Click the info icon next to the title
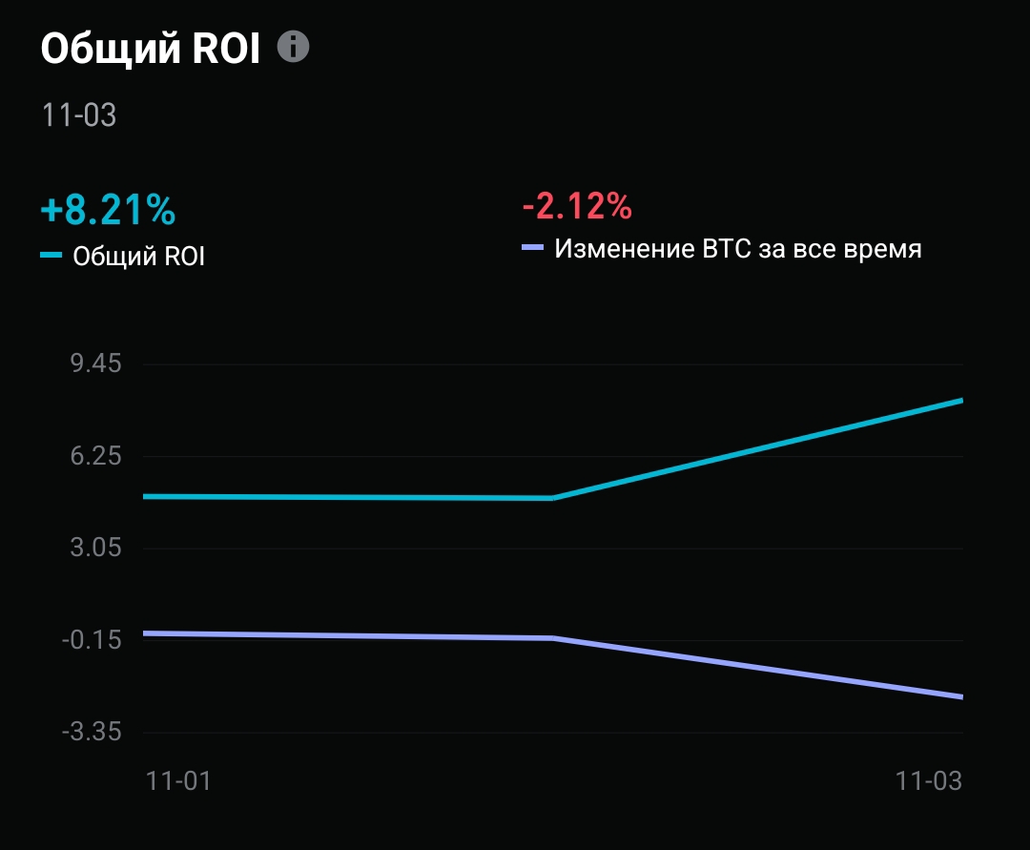(294, 47)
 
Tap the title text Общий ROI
(151, 49)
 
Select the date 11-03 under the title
(78, 115)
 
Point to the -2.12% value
(577, 205)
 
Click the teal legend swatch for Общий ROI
(51, 256)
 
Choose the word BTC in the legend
(727, 250)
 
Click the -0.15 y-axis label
(92, 640)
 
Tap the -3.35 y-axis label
(92, 733)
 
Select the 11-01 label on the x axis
(178, 780)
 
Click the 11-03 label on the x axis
(929, 780)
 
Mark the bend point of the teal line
(553, 498)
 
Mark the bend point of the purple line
(553, 638)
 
